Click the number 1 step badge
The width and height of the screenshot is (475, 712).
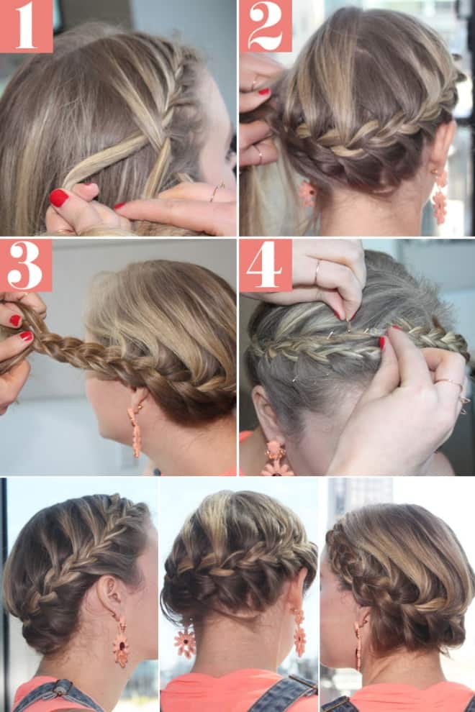coord(27,26)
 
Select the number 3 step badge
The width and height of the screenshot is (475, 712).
coord(26,265)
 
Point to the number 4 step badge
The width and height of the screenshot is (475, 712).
coord(266,265)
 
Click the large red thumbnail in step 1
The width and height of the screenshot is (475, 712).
coord(59,198)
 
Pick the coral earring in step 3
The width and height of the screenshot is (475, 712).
coord(135,431)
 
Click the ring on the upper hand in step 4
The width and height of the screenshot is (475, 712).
coord(317,272)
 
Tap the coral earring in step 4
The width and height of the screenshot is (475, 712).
coord(276,459)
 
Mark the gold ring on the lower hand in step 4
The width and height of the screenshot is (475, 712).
coord(450,383)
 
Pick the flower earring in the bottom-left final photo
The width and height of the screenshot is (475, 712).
coord(121,642)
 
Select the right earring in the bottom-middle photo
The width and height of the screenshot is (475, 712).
coord(299,632)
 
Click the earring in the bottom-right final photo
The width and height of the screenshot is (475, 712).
coord(359,646)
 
